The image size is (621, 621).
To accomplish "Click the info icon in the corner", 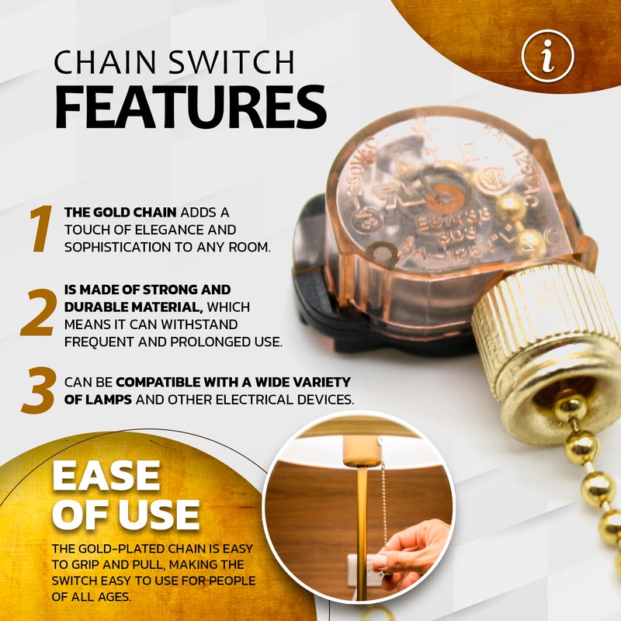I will [547, 55].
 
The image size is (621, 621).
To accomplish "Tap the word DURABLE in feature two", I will [95, 307].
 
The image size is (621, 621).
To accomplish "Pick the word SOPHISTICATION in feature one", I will [132, 248].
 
